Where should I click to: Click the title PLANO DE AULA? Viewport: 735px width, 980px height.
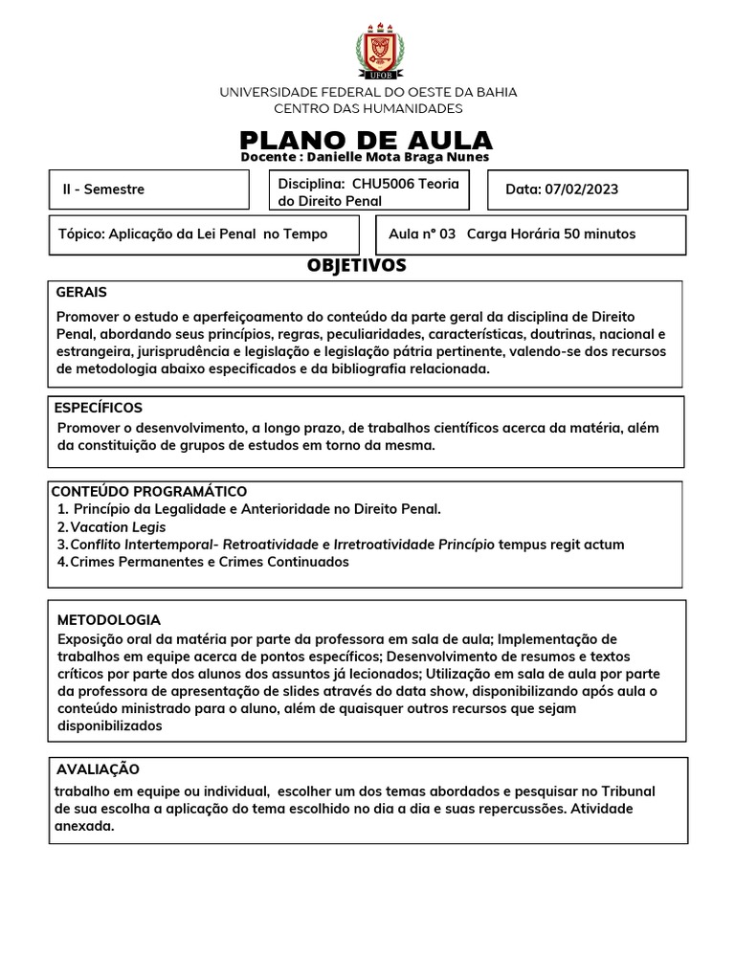point(367,140)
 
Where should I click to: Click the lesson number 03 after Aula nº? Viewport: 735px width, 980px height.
point(448,234)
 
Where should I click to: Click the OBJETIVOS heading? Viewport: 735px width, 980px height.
point(357,265)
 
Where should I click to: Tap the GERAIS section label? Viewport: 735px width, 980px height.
point(81,293)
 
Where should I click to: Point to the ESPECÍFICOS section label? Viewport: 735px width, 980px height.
point(99,408)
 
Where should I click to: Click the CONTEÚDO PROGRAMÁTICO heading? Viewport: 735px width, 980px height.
point(148,492)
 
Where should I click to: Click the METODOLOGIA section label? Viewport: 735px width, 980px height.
point(109,620)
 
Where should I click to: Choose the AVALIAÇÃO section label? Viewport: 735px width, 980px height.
point(98,769)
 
